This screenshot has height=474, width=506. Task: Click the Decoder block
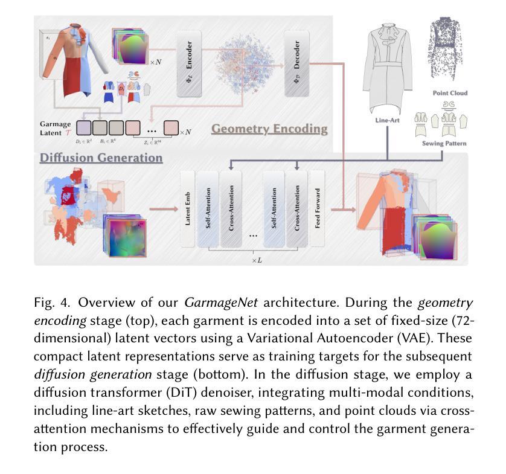(x=296, y=63)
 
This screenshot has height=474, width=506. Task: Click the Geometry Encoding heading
(x=269, y=129)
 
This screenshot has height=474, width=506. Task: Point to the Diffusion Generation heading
(x=101, y=158)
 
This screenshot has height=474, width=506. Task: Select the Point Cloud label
(x=450, y=93)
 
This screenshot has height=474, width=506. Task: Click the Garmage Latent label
(x=56, y=128)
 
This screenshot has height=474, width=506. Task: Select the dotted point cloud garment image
(x=450, y=48)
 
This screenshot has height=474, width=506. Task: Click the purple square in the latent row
(x=84, y=128)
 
